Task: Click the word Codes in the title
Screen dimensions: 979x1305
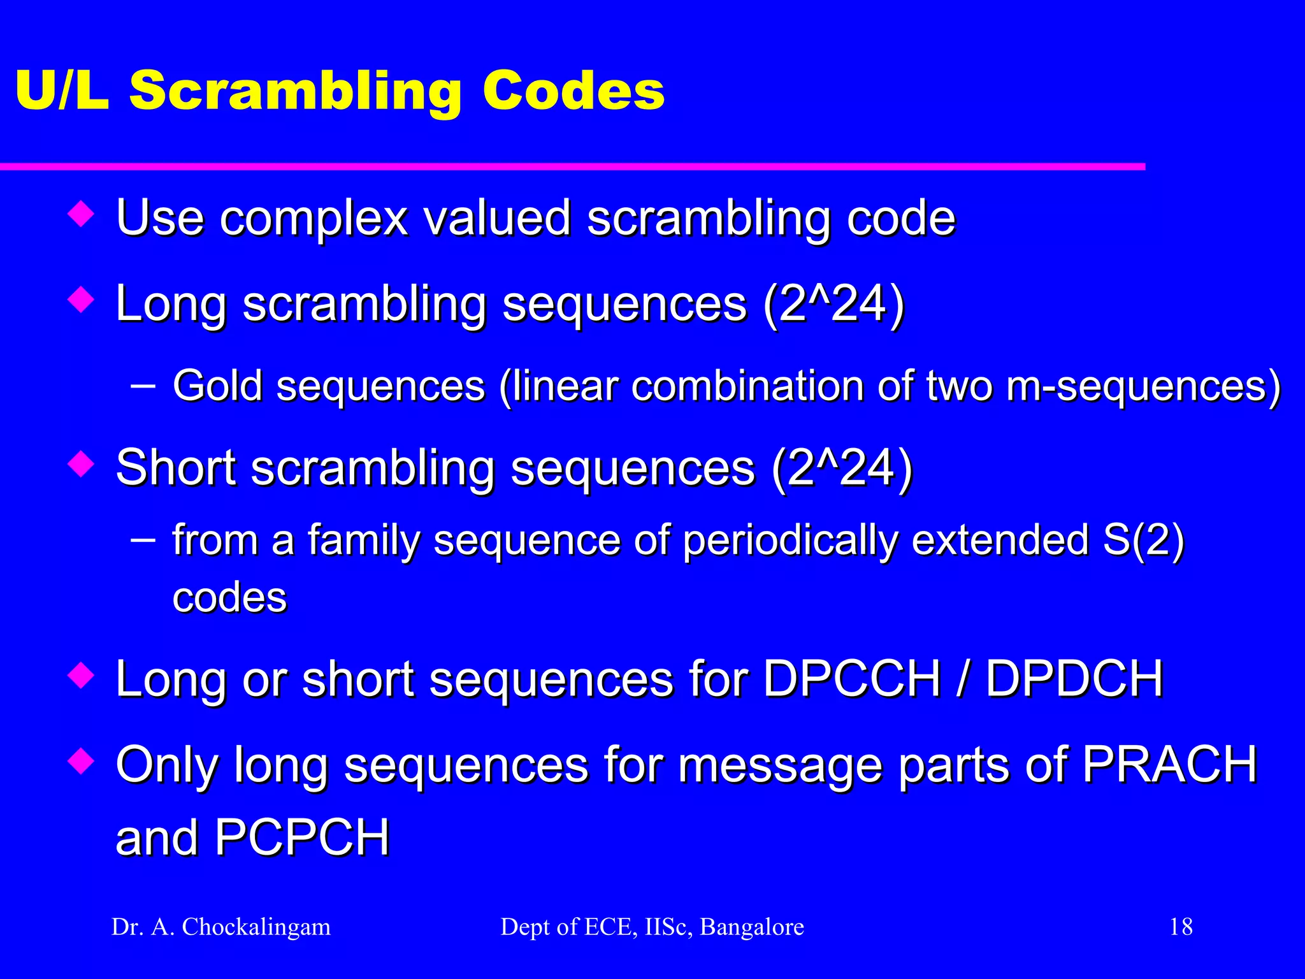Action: [573, 91]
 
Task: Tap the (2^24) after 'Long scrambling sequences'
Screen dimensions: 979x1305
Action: [833, 303]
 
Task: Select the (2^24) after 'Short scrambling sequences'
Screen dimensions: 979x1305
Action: [842, 468]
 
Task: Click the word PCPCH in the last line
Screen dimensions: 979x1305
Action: [302, 837]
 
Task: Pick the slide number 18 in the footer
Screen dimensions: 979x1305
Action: [1181, 927]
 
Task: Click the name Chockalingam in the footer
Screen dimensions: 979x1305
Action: [256, 927]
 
